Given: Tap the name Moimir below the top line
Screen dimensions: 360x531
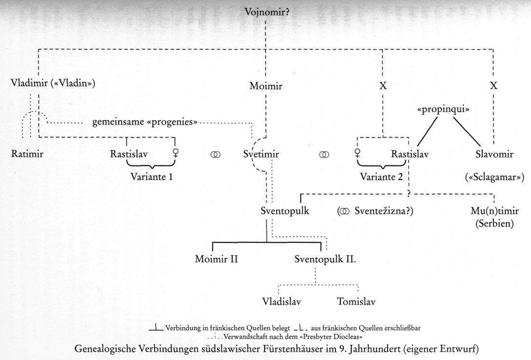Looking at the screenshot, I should [265, 87].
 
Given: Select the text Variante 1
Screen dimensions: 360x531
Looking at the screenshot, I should [151, 176].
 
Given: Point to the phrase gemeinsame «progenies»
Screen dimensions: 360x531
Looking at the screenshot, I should [145, 122].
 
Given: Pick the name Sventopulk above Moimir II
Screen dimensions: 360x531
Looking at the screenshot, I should [284, 212].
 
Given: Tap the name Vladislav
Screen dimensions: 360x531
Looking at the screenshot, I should [282, 302].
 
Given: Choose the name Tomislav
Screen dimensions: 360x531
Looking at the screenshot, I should [356, 302].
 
